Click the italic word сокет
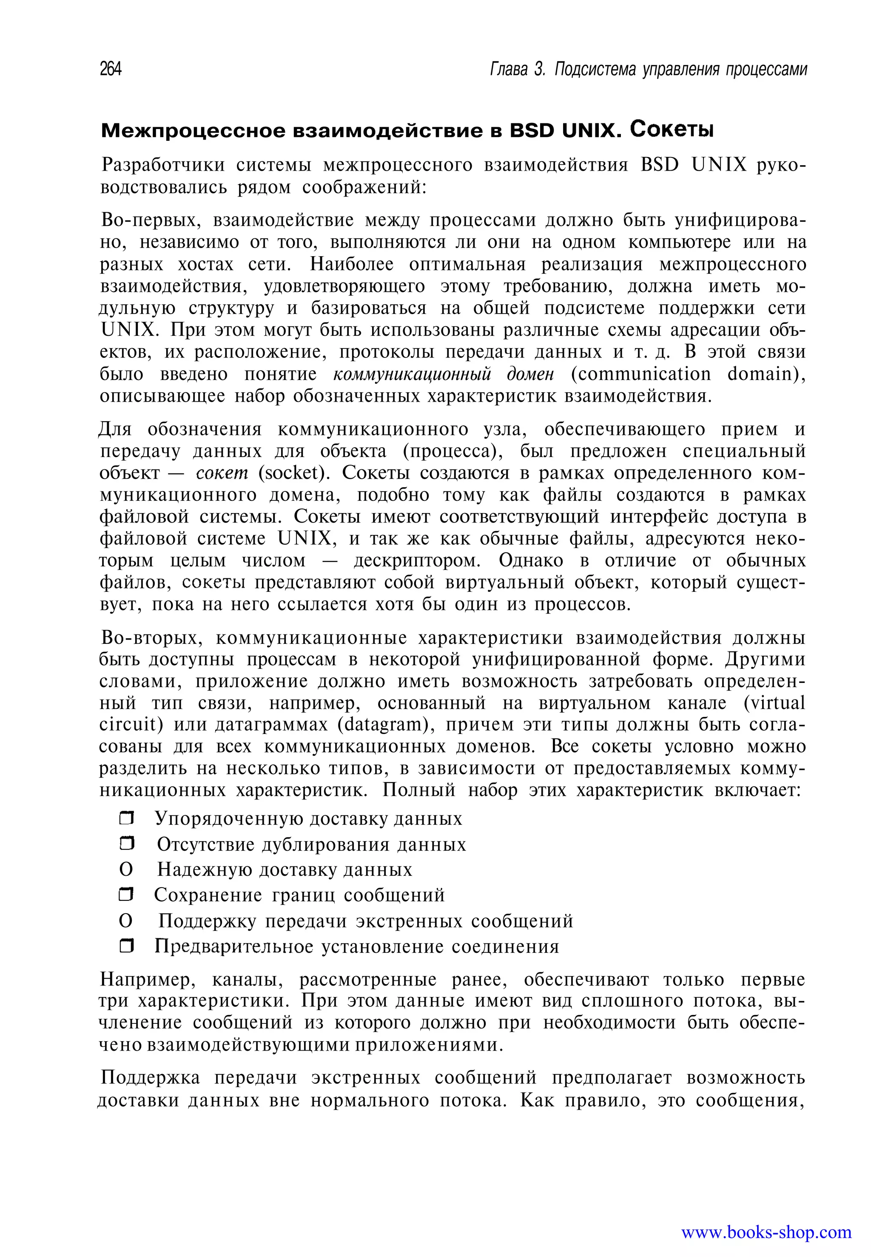(x=222, y=473)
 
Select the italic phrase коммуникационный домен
(x=443, y=374)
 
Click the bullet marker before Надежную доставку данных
(x=125, y=869)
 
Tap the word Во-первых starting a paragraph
(x=151, y=220)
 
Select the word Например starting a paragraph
(x=147, y=980)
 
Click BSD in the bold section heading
(x=533, y=131)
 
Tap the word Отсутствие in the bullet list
(x=204, y=844)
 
